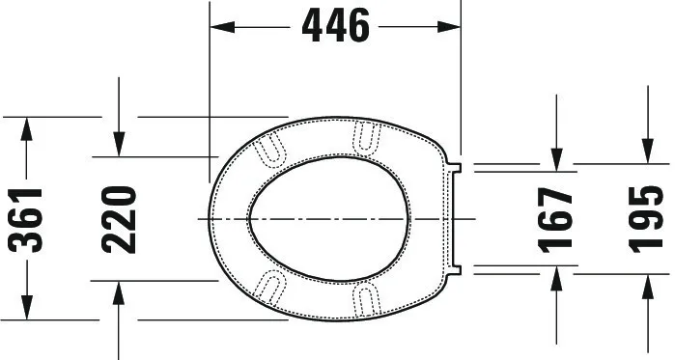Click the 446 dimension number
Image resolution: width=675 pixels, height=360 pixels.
pos(336,26)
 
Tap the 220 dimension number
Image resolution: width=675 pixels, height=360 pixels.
pos(119,219)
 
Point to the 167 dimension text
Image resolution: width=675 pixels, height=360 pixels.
pos(555,220)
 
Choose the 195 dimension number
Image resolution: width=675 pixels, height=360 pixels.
pos(645,219)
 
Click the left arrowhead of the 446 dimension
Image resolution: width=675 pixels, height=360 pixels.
pos(222,27)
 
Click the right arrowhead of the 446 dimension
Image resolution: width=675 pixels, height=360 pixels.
pos(449,27)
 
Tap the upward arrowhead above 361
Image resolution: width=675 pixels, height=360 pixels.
pos(27,129)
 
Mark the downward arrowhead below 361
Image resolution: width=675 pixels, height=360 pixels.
pos(27,308)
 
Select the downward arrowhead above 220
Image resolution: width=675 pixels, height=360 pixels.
pos(119,144)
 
